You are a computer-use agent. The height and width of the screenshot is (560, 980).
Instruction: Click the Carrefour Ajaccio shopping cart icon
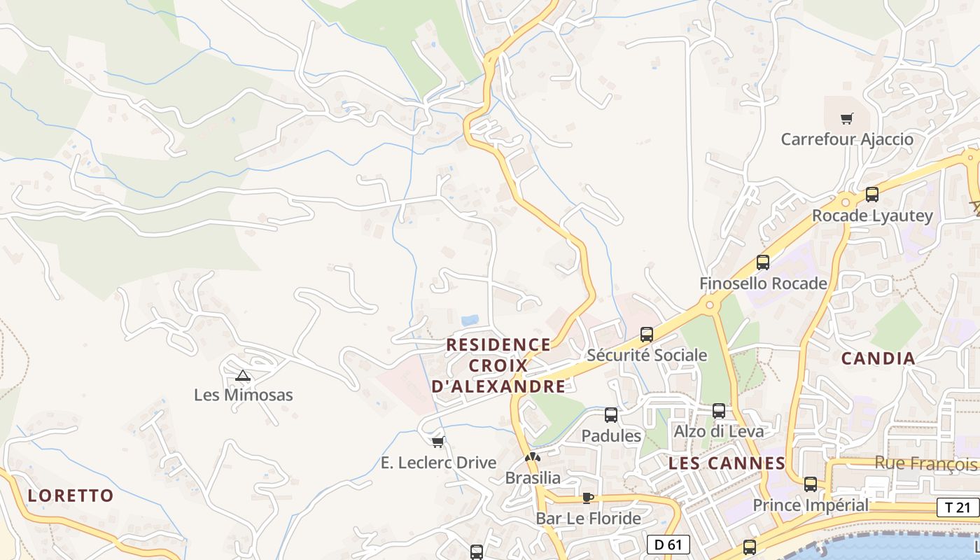(x=847, y=118)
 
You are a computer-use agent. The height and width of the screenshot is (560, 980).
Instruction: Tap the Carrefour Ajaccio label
(x=847, y=139)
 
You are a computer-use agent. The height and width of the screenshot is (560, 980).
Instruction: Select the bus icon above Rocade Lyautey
(x=872, y=195)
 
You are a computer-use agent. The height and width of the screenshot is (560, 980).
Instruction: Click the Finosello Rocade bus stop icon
(x=763, y=262)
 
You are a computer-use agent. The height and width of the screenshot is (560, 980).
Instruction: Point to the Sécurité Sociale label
(x=647, y=355)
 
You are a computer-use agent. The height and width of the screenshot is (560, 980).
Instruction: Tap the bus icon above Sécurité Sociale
(x=647, y=335)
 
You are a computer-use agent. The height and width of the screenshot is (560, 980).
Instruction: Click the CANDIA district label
(x=878, y=358)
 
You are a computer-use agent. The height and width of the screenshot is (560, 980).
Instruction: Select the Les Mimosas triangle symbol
(x=243, y=376)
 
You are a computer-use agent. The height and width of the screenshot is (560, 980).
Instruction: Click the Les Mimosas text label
(x=243, y=395)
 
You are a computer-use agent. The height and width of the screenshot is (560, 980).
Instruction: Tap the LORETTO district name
(x=71, y=496)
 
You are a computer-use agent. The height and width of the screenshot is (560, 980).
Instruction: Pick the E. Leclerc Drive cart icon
(x=438, y=442)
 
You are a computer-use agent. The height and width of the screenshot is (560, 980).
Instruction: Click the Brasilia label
(x=533, y=478)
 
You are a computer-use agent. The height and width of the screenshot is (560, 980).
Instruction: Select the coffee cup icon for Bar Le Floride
(x=587, y=498)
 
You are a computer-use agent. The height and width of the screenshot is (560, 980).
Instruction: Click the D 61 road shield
(x=668, y=544)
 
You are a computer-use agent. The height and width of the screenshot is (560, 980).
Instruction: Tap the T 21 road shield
(x=957, y=508)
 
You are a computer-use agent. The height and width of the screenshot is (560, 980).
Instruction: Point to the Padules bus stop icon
(x=611, y=415)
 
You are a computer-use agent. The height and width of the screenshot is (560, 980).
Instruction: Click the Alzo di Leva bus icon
(x=719, y=411)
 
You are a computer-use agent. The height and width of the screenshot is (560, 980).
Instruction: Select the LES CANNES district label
(x=727, y=463)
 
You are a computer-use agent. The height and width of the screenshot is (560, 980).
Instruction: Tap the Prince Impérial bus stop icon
(x=811, y=484)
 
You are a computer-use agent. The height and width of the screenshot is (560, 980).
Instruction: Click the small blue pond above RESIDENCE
(x=470, y=320)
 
